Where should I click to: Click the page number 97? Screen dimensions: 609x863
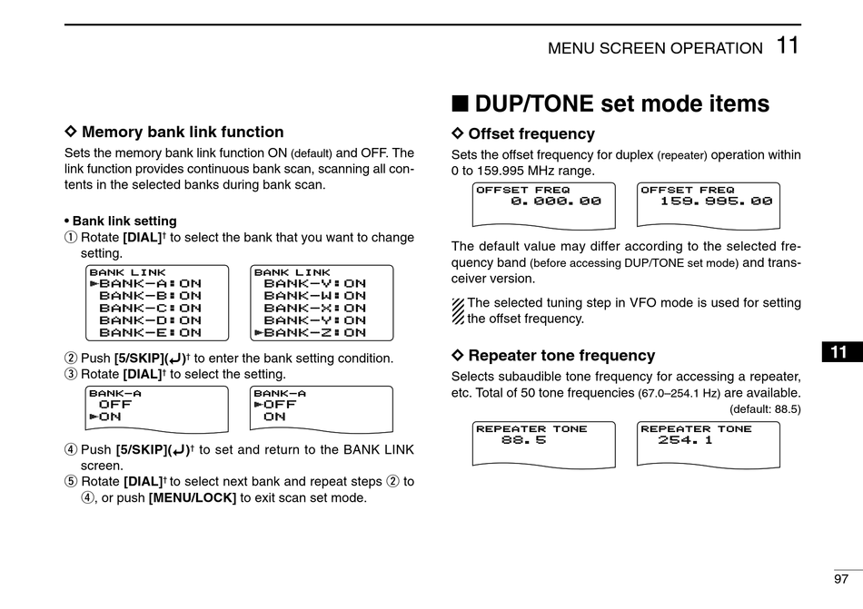(x=840, y=579)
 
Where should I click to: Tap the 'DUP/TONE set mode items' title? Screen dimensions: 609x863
(x=621, y=103)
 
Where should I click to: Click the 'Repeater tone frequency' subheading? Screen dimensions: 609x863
(x=560, y=356)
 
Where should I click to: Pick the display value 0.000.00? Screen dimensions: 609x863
(x=556, y=201)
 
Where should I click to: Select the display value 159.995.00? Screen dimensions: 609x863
(x=717, y=201)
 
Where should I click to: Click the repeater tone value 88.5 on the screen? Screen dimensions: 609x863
(x=523, y=440)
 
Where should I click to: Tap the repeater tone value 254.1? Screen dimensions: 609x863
(x=686, y=440)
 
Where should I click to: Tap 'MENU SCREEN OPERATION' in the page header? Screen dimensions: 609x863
(x=655, y=49)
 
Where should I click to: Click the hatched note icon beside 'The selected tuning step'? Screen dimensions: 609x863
(x=458, y=311)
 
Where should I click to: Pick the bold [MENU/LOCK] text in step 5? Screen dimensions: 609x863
(x=193, y=497)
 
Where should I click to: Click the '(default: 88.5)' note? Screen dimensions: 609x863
(x=765, y=408)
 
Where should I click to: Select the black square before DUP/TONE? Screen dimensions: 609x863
(x=461, y=103)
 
